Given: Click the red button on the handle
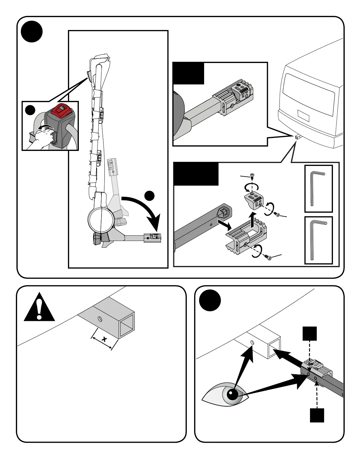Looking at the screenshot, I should click(x=61, y=111).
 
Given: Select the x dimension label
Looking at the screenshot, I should click(x=104, y=339).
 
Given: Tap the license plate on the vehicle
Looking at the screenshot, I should click(x=303, y=115).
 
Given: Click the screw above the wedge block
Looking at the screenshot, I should click(x=252, y=176).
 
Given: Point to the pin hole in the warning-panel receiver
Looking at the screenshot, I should click(x=100, y=319).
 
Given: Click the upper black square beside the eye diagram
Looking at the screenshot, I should click(x=310, y=333).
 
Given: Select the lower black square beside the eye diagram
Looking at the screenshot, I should click(x=317, y=415).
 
